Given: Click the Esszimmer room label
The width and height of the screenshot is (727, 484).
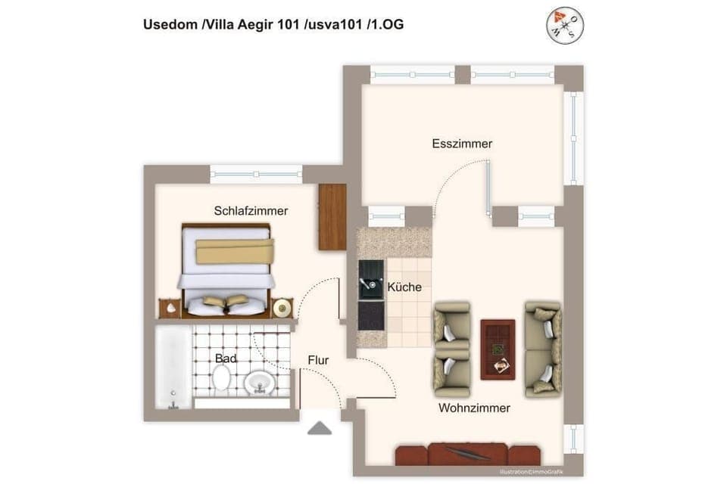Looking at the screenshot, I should click(x=462, y=144).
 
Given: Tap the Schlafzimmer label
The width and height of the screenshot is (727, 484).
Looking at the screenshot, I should click(x=251, y=211).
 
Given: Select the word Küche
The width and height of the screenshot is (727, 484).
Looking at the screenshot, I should click(x=404, y=287).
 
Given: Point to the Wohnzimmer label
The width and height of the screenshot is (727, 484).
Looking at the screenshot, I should click(x=474, y=408).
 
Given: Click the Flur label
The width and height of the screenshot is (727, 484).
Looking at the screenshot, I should click(x=318, y=361).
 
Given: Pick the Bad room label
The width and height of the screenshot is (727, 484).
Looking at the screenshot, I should click(x=225, y=358).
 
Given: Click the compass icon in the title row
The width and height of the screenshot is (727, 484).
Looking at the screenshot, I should click(x=564, y=25).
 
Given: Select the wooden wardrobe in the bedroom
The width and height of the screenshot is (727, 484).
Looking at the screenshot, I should click(x=332, y=217).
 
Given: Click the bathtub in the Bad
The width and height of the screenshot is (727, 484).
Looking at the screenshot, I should click(x=173, y=367).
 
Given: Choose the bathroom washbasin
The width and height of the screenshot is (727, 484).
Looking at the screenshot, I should click(x=259, y=384).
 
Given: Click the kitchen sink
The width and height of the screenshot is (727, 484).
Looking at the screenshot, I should click(x=371, y=278).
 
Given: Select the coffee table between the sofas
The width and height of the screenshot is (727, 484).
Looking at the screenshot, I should click(x=498, y=348).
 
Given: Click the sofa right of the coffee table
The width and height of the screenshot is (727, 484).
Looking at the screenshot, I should click(x=543, y=348).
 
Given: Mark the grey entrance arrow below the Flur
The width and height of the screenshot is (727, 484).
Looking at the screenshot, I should click(x=320, y=429).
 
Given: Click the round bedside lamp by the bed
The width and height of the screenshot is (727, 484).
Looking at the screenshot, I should click(x=282, y=307).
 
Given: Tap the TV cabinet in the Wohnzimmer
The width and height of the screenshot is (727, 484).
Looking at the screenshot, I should click(x=467, y=455).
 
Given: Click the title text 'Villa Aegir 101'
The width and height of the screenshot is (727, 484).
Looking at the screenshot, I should click(x=251, y=25).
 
